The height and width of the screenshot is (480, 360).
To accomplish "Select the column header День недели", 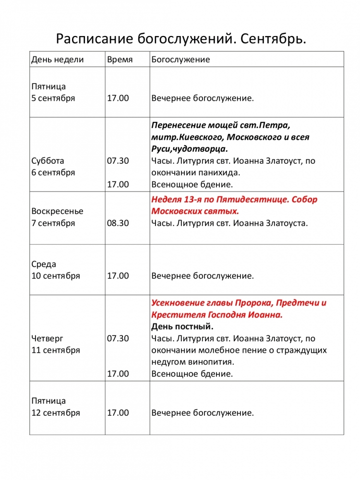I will point(57,60).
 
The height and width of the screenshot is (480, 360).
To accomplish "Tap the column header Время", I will point(120,60).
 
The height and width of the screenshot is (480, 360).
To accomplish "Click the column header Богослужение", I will point(180,60).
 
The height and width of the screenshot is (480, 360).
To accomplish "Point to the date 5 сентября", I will point(53,98).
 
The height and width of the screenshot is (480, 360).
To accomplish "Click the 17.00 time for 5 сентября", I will point(118,98).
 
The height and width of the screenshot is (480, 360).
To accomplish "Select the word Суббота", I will point(48,161).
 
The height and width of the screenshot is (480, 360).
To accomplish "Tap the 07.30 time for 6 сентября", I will point(118,161).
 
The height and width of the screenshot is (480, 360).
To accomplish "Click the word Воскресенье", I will point(57,211).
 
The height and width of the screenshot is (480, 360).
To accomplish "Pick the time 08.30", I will point(118,223).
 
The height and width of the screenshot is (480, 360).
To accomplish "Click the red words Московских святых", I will point(195,211).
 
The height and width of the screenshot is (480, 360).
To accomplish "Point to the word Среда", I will point(44,264).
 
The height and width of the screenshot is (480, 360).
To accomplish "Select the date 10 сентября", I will point(55,276).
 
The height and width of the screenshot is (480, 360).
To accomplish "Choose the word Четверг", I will point(47,338).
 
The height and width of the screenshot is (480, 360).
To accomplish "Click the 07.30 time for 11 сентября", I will point(118,338).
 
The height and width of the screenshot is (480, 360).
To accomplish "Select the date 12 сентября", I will point(55,413).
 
